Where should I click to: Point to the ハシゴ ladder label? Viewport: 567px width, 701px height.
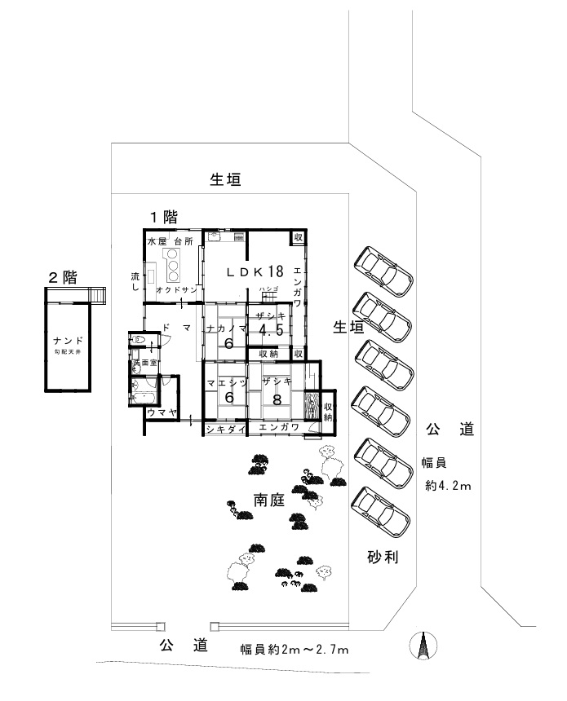269,290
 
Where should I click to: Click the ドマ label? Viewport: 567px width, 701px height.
177,326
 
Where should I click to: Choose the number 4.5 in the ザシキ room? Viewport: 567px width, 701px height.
270,331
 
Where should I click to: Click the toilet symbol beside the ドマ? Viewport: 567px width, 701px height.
139,338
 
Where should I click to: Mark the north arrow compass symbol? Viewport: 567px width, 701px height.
422,646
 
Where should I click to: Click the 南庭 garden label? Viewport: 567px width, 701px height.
268,500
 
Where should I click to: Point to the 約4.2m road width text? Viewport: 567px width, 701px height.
449,486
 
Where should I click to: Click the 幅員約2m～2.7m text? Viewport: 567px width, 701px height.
295,650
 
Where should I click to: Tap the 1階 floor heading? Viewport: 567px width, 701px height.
162,217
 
